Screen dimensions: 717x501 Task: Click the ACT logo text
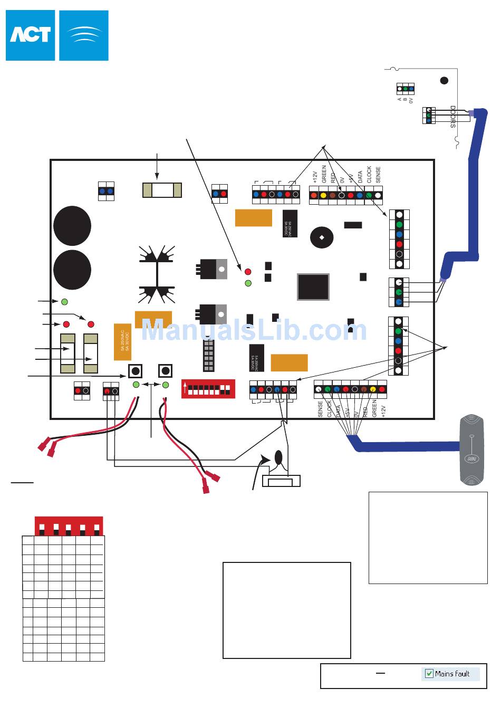[x=30, y=35]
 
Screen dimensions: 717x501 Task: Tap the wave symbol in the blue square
[x=84, y=35]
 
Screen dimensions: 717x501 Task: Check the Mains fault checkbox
[x=429, y=674]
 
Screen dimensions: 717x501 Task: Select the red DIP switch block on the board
[x=208, y=389]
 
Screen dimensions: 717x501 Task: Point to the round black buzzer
[x=322, y=237]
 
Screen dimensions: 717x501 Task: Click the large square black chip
[x=313, y=287]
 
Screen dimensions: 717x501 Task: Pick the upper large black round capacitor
[x=72, y=226]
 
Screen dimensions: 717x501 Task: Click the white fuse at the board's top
[x=162, y=189]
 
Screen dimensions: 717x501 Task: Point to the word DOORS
[x=452, y=117]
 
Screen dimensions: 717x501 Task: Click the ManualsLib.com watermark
[x=254, y=331]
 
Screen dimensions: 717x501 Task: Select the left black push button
[x=136, y=371]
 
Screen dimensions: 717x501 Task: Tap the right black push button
[x=166, y=371]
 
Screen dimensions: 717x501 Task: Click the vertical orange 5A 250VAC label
[x=122, y=342]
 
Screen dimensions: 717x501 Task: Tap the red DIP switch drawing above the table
[x=69, y=527]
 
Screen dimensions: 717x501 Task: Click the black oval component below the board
[x=278, y=457]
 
